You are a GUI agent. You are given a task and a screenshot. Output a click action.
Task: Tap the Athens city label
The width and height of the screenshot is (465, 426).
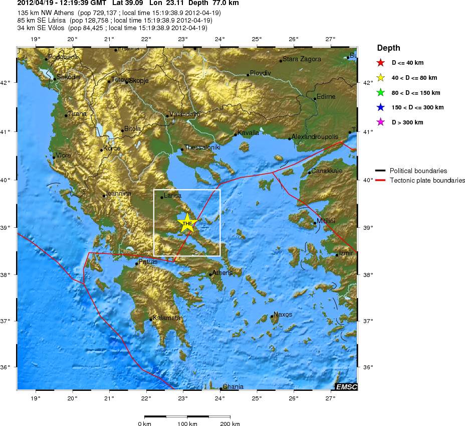click(222, 273)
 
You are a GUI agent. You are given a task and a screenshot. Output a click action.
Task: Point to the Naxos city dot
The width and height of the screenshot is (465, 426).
click(272, 316)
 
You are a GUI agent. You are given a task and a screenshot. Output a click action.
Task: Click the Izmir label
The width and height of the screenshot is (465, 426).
click(346, 253)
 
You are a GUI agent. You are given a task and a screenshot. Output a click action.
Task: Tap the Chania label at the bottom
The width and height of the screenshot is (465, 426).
click(232, 386)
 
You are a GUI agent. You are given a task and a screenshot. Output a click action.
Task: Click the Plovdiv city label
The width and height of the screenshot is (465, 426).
click(260, 73)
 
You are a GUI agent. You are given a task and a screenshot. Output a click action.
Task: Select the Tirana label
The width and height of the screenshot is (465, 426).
click(77, 114)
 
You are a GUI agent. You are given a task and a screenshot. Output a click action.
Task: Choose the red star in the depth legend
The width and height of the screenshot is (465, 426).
click(380, 63)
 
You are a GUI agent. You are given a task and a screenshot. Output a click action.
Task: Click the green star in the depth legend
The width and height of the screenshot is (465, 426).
click(380, 92)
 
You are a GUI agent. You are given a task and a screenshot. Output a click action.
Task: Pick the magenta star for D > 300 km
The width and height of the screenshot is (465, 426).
click(380, 122)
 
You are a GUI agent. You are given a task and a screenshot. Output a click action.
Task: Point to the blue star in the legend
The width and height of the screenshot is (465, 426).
click(380, 107)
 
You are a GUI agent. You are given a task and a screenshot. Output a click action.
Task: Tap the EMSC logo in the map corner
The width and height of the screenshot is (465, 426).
click(346, 386)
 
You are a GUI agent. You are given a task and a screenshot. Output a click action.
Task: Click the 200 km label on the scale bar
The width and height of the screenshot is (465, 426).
click(230, 424)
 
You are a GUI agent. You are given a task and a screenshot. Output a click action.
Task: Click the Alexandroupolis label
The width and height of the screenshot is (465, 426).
click(315, 136)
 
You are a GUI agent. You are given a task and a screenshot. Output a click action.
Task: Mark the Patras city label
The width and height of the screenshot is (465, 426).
click(148, 262)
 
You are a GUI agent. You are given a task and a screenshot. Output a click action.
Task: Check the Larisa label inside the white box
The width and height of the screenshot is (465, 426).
click(172, 196)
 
